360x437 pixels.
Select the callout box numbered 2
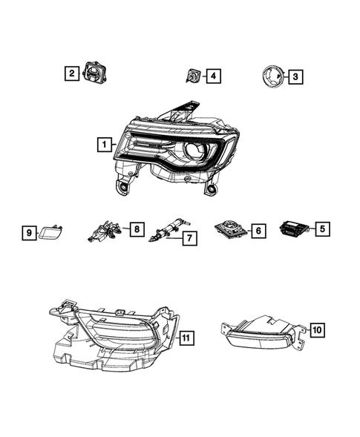(x=71, y=73)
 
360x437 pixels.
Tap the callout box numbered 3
(x=295, y=76)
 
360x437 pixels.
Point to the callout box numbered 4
(x=213, y=76)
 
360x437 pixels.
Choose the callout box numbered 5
(x=321, y=229)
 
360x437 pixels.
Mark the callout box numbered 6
(x=258, y=231)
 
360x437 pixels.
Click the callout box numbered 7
(x=190, y=239)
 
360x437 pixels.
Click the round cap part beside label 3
(x=271, y=76)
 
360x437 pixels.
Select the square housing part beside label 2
(x=95, y=73)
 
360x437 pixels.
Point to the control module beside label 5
(x=295, y=229)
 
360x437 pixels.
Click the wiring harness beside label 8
(x=107, y=230)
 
